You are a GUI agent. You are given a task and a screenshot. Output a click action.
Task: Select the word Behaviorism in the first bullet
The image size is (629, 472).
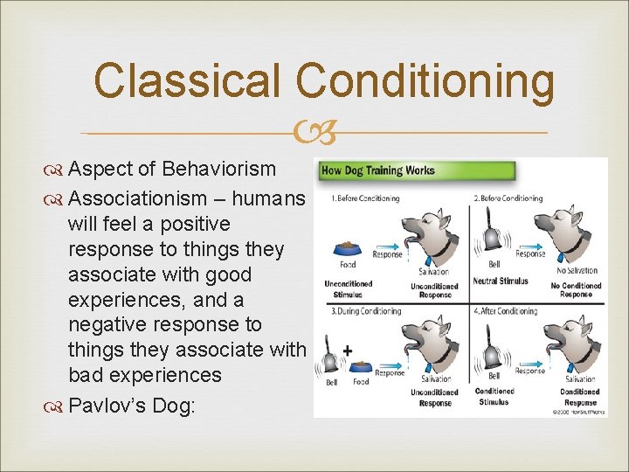[219, 169]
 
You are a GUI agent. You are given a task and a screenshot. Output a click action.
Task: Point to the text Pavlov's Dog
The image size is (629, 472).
[132, 406]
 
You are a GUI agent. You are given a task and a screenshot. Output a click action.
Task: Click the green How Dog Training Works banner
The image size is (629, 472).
[377, 170]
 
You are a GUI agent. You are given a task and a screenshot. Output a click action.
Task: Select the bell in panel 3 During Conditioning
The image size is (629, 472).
[332, 357]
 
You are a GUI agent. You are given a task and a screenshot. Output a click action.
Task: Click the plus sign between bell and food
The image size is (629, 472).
[348, 350]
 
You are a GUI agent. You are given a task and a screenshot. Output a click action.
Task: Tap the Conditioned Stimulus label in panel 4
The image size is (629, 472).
[495, 397]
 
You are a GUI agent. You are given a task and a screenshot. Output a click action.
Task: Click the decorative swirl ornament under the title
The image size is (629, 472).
[314, 133]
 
